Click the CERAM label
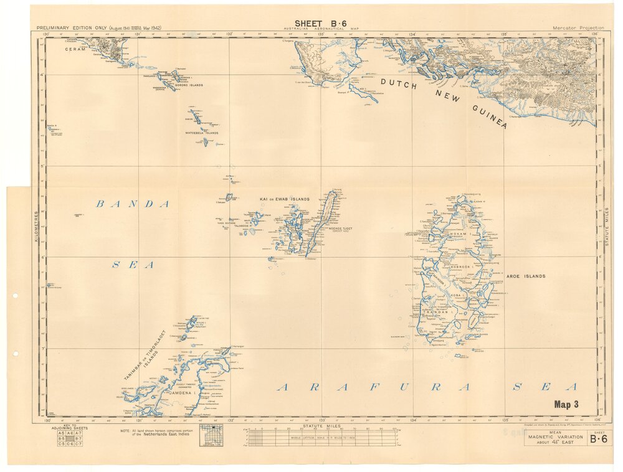[x=74, y=47]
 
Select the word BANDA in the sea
[x=133, y=204]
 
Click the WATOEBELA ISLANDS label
[x=201, y=133]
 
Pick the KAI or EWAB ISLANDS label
[x=284, y=199]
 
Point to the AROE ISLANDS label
[x=526, y=276]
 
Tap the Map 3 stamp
[x=566, y=404]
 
